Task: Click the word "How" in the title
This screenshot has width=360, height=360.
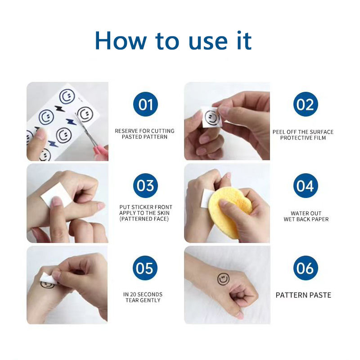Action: [121, 41]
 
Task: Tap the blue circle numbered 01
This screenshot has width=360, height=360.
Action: [145, 104]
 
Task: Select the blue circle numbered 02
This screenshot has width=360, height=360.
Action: [306, 104]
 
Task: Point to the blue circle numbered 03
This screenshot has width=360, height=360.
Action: [145, 185]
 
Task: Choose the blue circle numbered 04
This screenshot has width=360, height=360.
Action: [306, 185]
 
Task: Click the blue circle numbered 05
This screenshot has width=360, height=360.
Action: [145, 268]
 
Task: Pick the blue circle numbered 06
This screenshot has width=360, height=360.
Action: [306, 268]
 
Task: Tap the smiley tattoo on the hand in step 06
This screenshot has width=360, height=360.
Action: [223, 279]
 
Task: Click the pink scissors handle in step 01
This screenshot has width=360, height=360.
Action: [100, 152]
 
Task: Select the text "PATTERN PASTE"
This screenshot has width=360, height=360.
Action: [303, 295]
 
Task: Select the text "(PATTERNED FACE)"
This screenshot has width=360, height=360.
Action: [144, 219]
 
